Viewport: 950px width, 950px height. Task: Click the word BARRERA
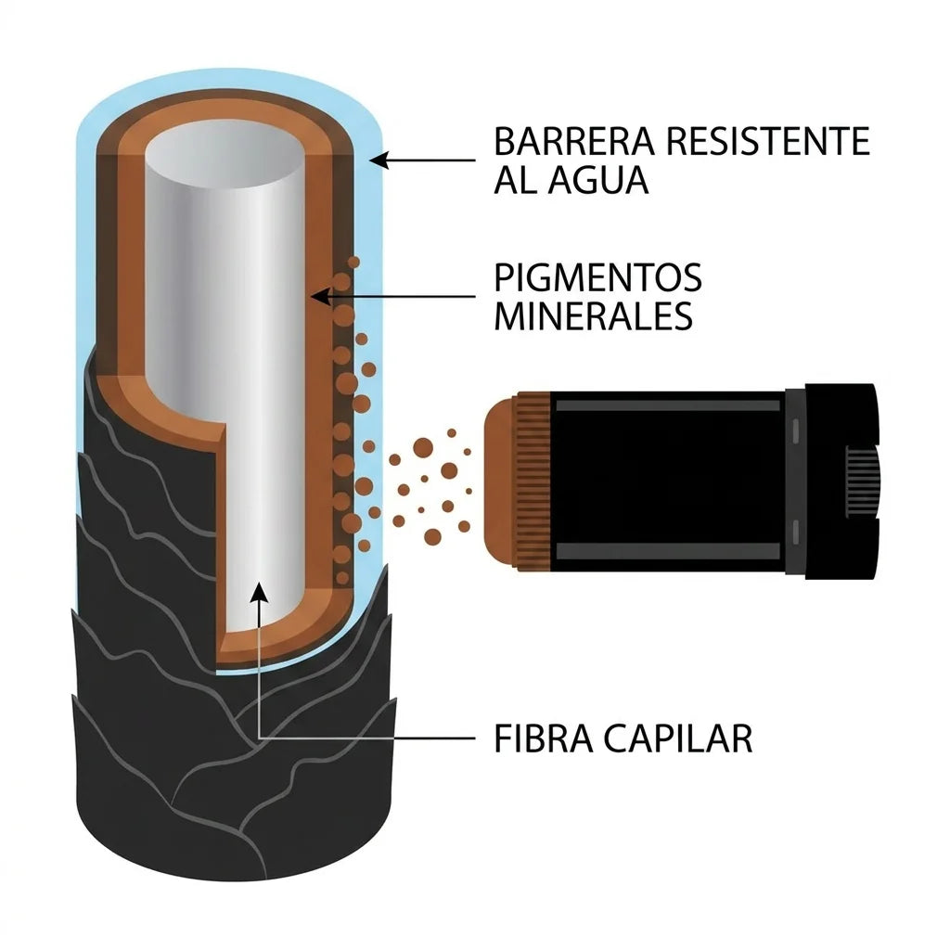573,141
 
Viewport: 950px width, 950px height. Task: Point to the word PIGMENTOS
597,277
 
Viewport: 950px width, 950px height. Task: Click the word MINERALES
593,315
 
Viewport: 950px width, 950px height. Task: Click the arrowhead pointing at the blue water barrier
379,160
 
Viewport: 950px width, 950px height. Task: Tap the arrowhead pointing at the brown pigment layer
320,297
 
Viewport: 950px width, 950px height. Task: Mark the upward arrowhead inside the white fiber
260,593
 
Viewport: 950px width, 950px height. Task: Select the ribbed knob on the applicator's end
862,482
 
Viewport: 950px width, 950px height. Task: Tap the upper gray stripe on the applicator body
668,405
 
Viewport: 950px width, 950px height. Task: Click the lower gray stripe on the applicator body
668,551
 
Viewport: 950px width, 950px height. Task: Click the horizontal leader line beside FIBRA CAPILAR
367,738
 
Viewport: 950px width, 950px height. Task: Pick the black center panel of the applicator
668,478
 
